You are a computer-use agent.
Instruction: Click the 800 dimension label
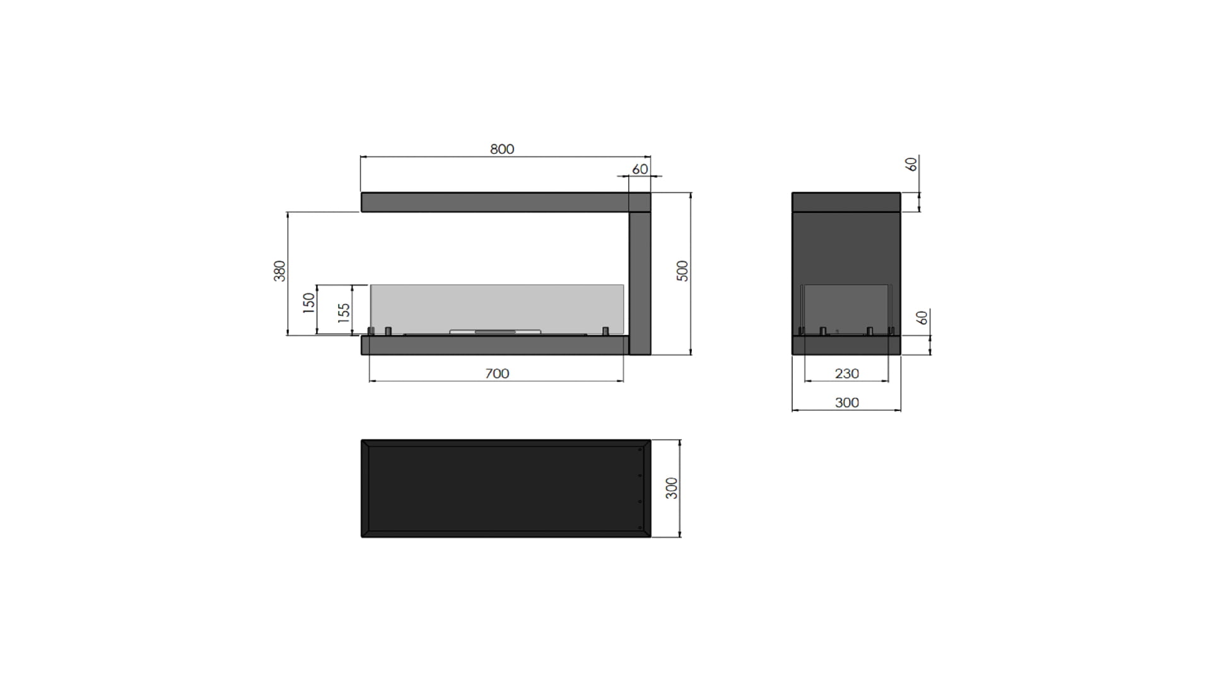(x=502, y=149)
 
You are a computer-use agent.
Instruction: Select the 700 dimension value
(x=497, y=374)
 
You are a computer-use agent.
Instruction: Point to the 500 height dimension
(x=682, y=271)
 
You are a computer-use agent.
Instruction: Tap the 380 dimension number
(x=279, y=271)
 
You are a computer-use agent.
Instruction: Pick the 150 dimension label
(x=308, y=303)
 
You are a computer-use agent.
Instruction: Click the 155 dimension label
(x=344, y=313)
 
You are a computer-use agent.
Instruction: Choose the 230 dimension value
(x=846, y=374)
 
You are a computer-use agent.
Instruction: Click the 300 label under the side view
(x=846, y=403)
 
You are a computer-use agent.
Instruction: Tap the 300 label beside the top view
(x=672, y=488)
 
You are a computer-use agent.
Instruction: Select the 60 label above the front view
(x=640, y=170)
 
